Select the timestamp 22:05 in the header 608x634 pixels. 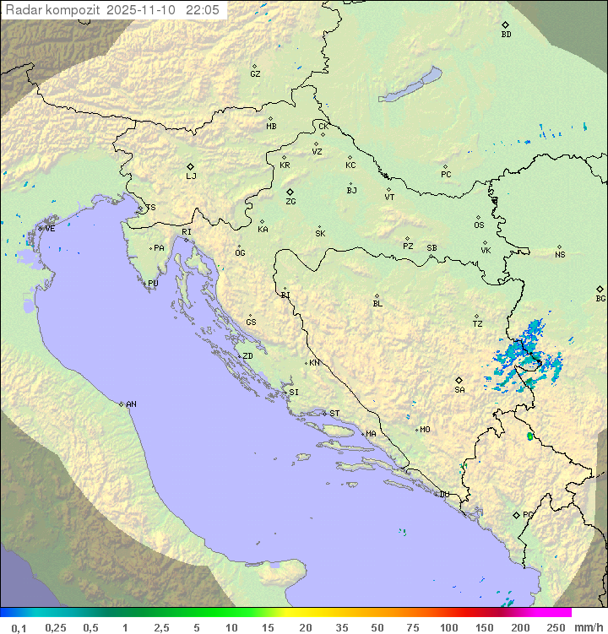(203, 9)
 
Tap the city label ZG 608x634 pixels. (290, 202)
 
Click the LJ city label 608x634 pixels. (191, 176)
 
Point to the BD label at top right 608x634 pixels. (506, 35)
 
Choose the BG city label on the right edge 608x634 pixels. (600, 298)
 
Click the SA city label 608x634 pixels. (459, 389)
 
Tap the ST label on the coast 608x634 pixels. (334, 413)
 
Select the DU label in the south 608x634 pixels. (443, 494)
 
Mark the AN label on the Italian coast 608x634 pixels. (131, 404)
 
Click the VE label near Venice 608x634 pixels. (50, 228)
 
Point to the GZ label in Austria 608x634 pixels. (255, 73)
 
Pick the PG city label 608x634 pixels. (528, 514)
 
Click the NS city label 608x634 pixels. (560, 254)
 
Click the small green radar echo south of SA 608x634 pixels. (530, 436)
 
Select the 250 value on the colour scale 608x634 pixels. (556, 627)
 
